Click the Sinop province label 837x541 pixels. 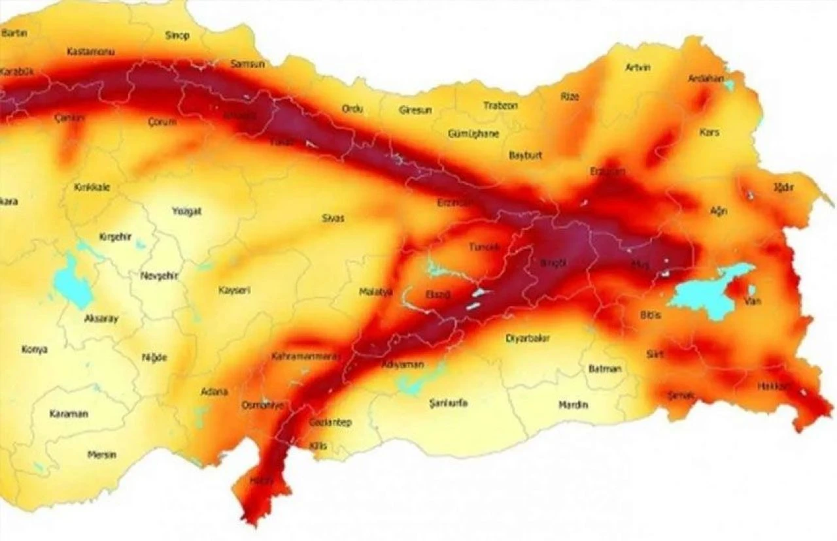pyautogui.click(x=177, y=36)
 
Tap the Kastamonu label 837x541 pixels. pyautogui.click(x=90, y=52)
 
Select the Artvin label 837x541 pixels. pyautogui.click(x=638, y=67)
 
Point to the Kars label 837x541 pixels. pyautogui.click(x=709, y=133)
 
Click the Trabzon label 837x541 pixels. pyautogui.click(x=501, y=106)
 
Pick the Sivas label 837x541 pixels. pyautogui.click(x=333, y=218)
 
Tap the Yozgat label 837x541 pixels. pyautogui.click(x=186, y=212)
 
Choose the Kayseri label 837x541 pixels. pyautogui.click(x=234, y=290)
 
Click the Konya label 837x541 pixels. pyautogui.click(x=34, y=350)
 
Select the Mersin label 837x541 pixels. pyautogui.click(x=102, y=455)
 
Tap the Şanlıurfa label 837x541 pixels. pyautogui.click(x=449, y=403)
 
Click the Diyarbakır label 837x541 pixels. pyautogui.click(x=528, y=338)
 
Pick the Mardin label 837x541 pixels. pyautogui.click(x=573, y=405)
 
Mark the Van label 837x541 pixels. pyautogui.click(x=752, y=301)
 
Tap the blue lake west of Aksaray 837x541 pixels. pyautogui.click(x=73, y=281)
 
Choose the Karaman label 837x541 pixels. pyautogui.click(x=69, y=414)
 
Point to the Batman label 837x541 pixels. pyautogui.click(x=605, y=369)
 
